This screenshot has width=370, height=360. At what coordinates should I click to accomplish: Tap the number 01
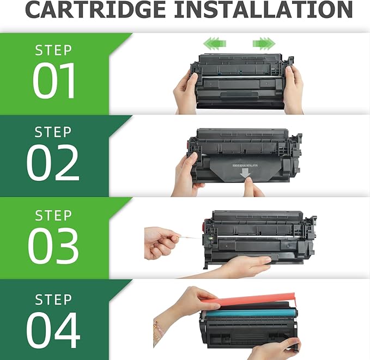53,81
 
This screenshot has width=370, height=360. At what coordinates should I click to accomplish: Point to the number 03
53,246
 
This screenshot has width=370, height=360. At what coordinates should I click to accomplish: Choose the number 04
53,328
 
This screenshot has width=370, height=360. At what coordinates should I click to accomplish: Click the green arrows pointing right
264,42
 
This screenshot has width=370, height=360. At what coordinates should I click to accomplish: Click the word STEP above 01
53,50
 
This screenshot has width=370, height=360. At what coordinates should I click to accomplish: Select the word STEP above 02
53,132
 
